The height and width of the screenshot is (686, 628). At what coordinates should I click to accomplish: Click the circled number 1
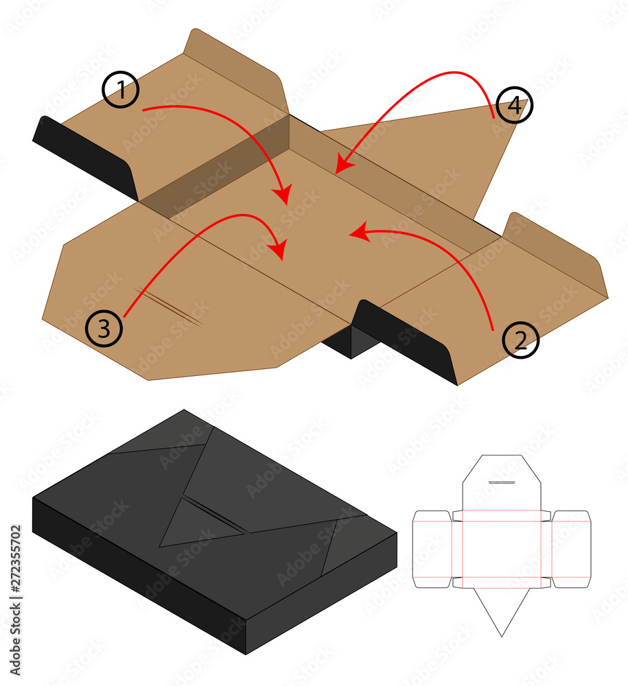click(x=121, y=90)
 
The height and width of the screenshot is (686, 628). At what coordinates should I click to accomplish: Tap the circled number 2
click(x=521, y=340)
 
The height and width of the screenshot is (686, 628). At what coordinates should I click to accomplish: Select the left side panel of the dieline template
click(x=432, y=549)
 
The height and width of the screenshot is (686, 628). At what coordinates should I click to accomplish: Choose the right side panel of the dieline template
click(x=571, y=549)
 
